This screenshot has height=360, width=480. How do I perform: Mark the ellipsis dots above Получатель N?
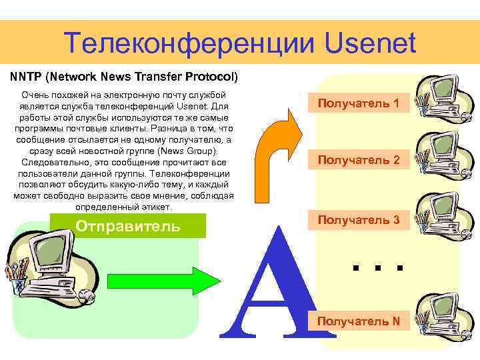click(377, 267)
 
